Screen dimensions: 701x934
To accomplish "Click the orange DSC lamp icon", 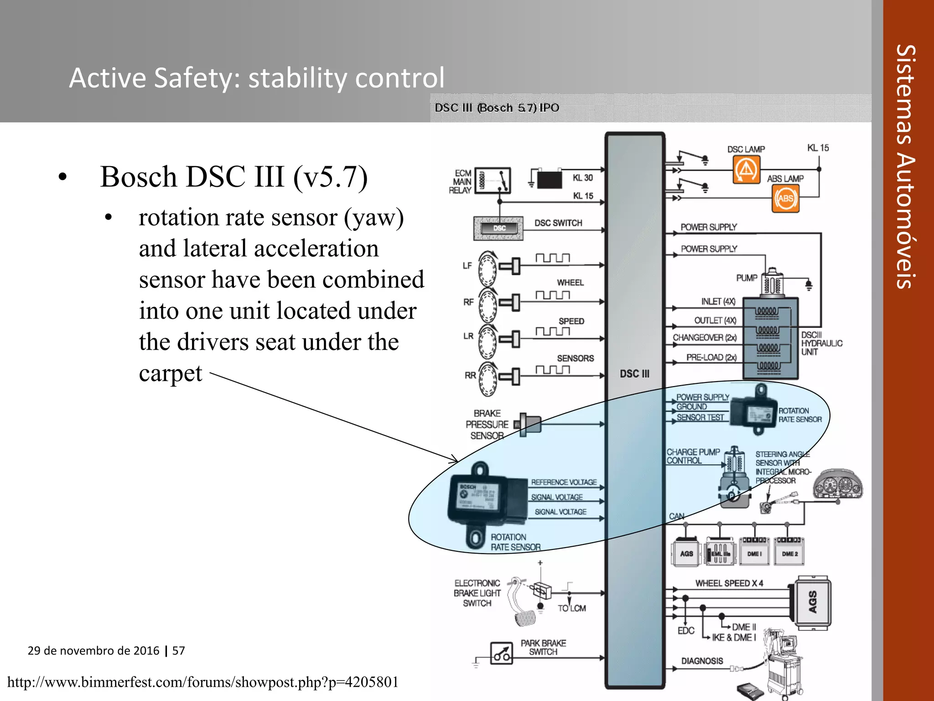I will (746, 169).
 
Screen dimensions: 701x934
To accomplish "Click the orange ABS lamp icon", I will (785, 199).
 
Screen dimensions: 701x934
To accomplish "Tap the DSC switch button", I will (499, 228).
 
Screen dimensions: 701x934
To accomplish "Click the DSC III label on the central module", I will (634, 374).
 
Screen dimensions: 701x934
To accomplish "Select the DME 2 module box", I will (789, 553).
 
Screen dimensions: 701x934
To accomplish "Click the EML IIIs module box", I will (720, 553).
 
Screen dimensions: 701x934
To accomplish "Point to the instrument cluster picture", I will (838, 485).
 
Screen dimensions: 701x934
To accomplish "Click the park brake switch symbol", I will (502, 654).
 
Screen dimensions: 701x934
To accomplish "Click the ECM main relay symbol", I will (493, 181).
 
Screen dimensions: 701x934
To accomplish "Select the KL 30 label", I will (582, 178).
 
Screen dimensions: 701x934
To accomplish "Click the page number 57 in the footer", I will (178, 650).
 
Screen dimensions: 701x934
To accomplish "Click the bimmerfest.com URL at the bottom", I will (203, 682).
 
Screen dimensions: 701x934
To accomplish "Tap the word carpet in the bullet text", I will (170, 373).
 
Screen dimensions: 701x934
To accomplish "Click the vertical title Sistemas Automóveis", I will (906, 167).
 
